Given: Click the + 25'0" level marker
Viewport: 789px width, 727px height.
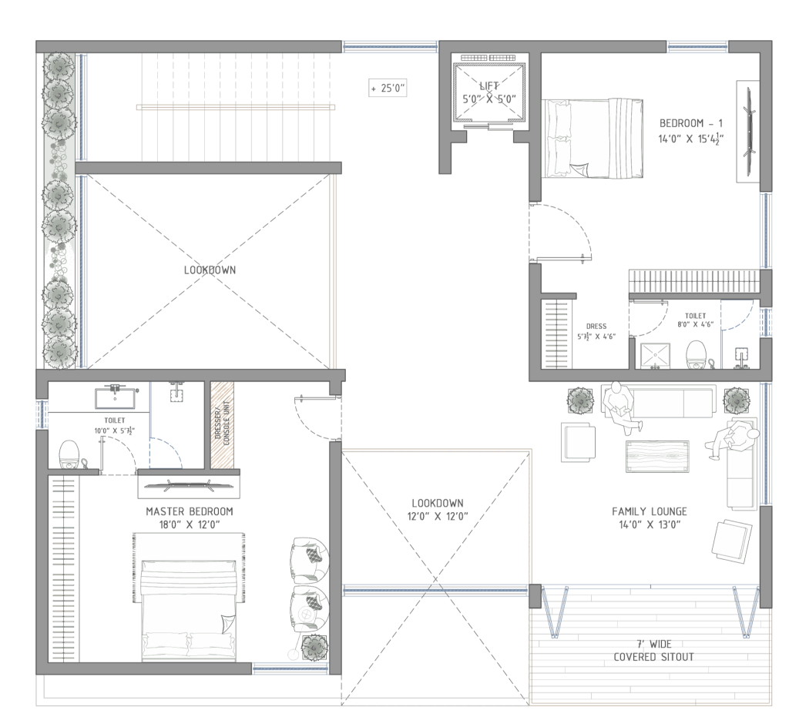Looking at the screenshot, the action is (388, 88).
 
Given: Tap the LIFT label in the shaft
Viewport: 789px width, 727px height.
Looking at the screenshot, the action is (489, 85).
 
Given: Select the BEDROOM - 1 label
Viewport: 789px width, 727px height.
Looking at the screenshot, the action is (691, 123).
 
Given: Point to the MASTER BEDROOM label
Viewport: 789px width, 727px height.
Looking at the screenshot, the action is (190, 511).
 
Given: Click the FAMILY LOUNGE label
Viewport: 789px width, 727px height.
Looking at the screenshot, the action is (649, 511).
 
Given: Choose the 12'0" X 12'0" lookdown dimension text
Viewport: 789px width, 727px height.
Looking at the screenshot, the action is (438, 516).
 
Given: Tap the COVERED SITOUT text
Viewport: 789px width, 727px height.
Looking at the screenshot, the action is (653, 657).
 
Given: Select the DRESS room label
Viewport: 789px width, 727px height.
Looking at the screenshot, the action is (596, 327).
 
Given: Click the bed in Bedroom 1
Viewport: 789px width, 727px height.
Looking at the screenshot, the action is (593, 139).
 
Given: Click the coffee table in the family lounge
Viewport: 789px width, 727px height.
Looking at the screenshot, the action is (657, 456).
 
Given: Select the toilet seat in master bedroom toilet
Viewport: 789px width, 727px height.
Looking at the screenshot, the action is (69, 454).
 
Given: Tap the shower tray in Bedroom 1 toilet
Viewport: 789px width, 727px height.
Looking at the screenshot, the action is (655, 356).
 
